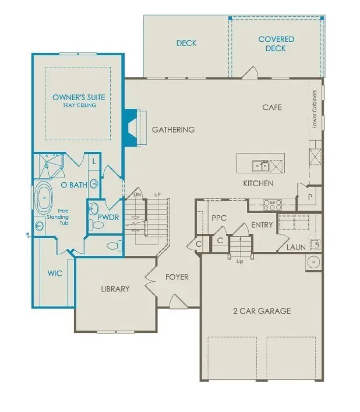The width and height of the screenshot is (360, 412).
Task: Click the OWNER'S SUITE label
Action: (x=78, y=97)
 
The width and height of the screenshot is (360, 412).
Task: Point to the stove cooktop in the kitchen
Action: (x=273, y=204)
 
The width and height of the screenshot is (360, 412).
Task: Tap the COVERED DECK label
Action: (x=276, y=44)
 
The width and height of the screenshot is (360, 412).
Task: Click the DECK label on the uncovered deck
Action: (x=186, y=43)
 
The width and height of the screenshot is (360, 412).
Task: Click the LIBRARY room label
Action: (x=115, y=289)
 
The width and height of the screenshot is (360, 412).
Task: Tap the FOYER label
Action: (x=177, y=277)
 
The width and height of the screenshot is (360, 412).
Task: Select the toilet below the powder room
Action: (x=114, y=245)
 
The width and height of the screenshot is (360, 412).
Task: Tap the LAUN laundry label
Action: (x=296, y=248)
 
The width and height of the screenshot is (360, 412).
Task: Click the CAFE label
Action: (x=271, y=107)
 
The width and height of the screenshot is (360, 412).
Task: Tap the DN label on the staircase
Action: (x=137, y=195)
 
